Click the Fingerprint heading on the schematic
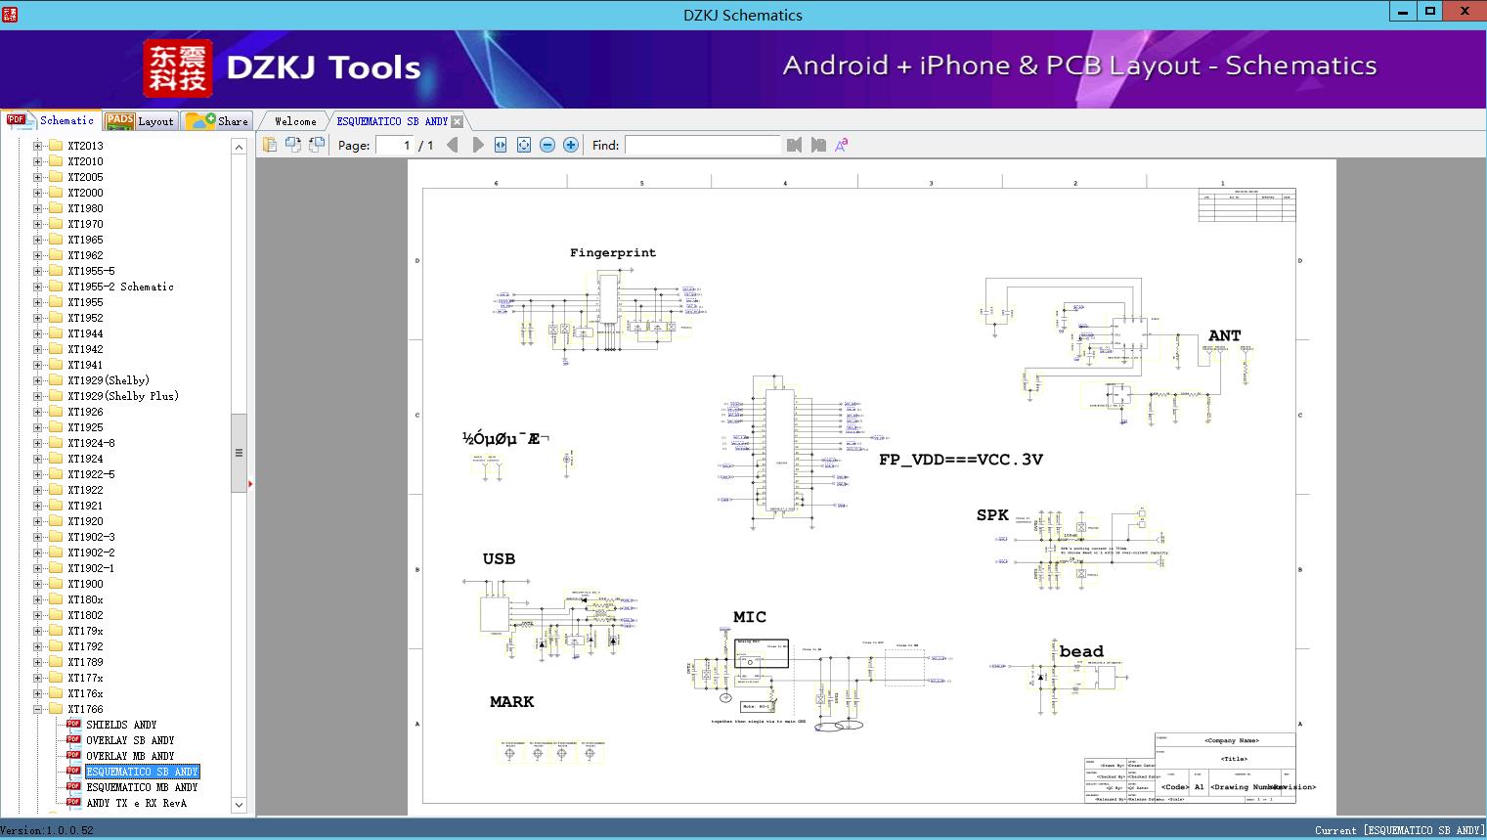click(613, 252)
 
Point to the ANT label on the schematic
click(1224, 335)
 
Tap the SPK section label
click(991, 515)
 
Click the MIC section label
click(750, 617)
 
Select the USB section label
click(499, 559)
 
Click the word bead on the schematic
click(1081, 651)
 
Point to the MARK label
click(511, 702)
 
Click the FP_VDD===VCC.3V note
click(960, 460)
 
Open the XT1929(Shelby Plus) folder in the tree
click(122, 396)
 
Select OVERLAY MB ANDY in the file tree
click(130, 756)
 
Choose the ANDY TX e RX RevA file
click(136, 803)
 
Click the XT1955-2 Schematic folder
click(120, 287)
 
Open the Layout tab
click(142, 121)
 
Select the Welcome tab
click(295, 121)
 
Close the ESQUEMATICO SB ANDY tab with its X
click(457, 121)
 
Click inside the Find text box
click(702, 145)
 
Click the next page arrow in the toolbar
click(478, 145)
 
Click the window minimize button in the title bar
click(1401, 12)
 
